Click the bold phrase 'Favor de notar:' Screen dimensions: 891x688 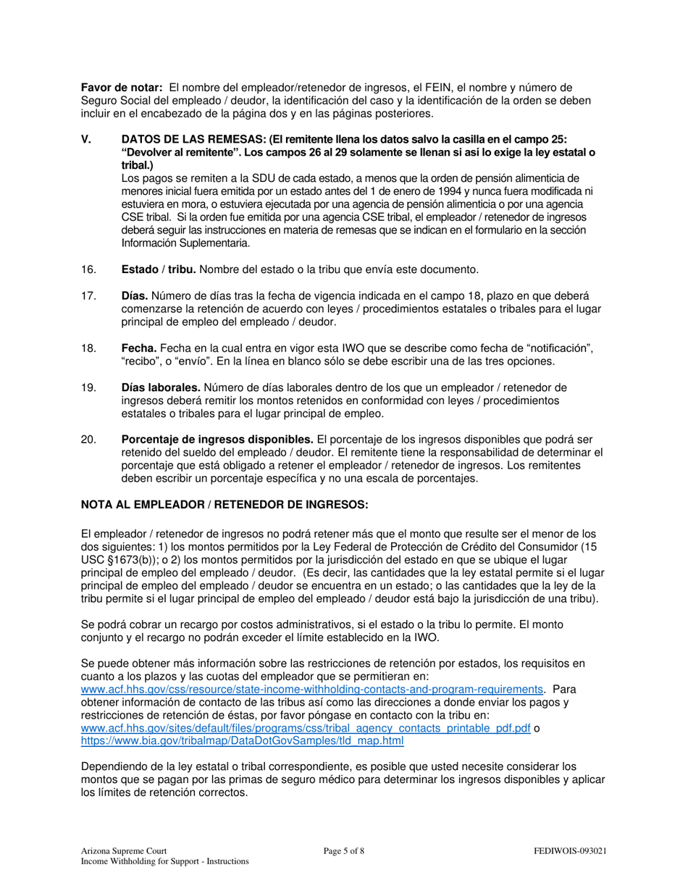click(121, 88)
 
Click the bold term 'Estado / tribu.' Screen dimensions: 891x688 click(159, 269)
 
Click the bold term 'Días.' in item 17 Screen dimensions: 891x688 click(135, 296)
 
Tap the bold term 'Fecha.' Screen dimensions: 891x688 click(139, 348)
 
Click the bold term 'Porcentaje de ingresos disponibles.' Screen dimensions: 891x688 click(217, 440)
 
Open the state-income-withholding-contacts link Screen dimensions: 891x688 click(311, 689)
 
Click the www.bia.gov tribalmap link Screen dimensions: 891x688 click(242, 741)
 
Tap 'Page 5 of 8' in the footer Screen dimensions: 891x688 click(344, 851)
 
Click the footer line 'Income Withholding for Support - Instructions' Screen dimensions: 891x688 click(164, 861)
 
